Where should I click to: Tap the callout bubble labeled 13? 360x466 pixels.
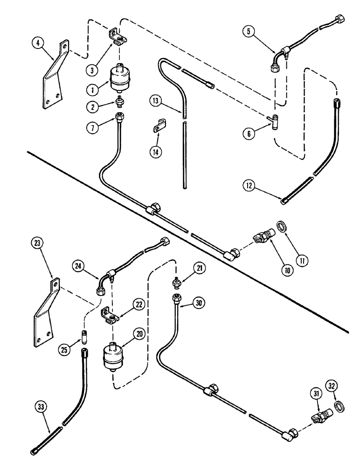[x=156, y=101]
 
